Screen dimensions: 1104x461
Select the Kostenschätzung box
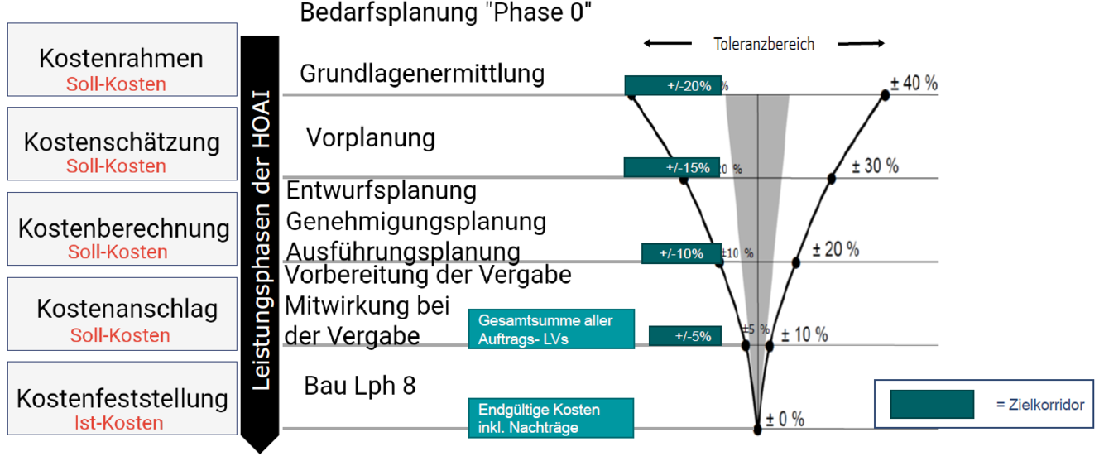pos(121,152)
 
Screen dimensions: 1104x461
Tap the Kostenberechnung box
pos(121,238)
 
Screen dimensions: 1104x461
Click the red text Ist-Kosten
pos(121,423)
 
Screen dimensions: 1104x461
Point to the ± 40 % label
pos(914,84)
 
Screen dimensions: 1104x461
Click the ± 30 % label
pos(875,166)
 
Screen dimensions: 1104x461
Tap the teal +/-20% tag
pos(673,85)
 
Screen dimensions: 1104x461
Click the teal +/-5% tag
pos(685,336)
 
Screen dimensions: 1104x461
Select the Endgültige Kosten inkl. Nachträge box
pos(551,418)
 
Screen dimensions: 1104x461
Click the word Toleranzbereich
pos(764,45)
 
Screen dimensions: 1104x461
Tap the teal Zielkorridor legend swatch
pos(931,404)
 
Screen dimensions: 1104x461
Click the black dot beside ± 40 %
pos(885,95)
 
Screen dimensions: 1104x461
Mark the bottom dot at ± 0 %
pos(758,430)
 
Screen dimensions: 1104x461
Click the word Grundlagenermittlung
pos(422,74)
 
